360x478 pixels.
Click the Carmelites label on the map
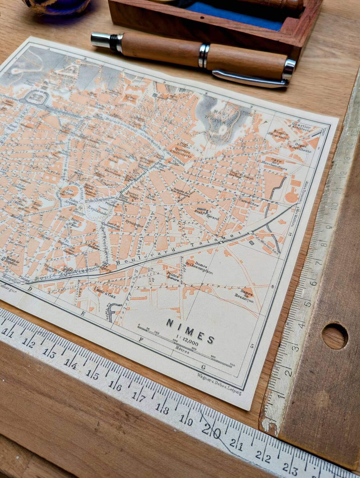pos(250,204)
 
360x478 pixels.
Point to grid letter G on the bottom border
pos(203,366)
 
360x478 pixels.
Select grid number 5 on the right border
pos(252,346)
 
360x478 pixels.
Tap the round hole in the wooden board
pos(335,335)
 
